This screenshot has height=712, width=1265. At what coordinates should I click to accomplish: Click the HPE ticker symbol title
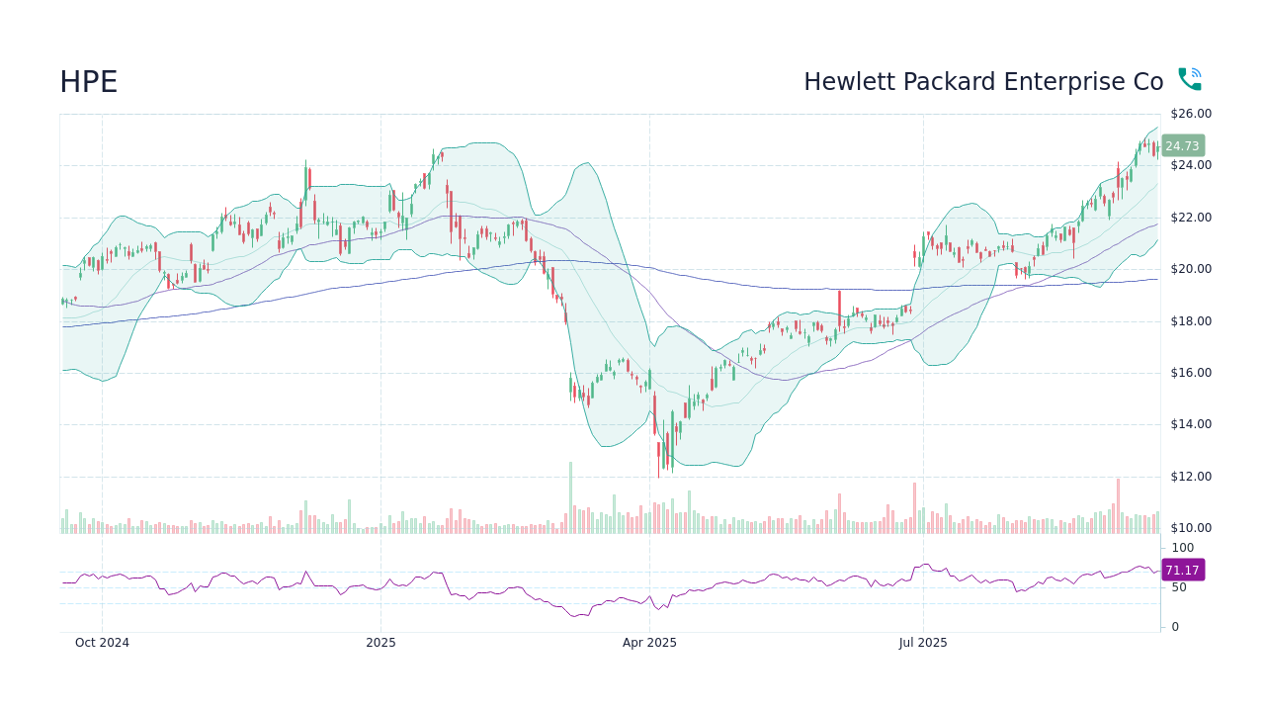coord(88,82)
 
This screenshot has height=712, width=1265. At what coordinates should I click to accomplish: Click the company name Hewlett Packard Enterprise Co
coord(982,82)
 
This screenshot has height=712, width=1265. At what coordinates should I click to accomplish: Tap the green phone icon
coord(1189,79)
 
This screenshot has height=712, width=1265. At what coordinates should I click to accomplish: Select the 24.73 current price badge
coord(1182,145)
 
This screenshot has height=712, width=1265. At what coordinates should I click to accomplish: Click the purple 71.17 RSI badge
coord(1182,570)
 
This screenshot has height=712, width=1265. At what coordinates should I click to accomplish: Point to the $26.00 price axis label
coord(1190,114)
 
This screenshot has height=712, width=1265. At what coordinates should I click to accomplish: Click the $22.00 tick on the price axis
coord(1190,218)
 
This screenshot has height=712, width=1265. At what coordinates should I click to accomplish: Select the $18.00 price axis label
coord(1190,321)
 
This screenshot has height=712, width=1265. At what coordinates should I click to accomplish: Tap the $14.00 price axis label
coord(1190,424)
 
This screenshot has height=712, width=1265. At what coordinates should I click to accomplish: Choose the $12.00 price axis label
coord(1190,477)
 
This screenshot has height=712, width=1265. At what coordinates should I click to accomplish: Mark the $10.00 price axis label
coord(1190,528)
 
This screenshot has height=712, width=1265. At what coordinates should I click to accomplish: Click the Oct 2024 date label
coord(102,643)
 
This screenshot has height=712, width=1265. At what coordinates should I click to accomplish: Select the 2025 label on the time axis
coord(380,643)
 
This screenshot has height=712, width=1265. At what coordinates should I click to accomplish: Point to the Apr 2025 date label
coord(649,643)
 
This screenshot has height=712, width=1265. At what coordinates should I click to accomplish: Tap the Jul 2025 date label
coord(923,643)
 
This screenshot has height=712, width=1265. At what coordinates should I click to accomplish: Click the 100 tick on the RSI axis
coord(1183,548)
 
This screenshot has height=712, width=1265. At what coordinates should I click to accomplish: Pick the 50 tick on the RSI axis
coord(1180,587)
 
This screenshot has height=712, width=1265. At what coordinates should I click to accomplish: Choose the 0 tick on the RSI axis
coord(1175,627)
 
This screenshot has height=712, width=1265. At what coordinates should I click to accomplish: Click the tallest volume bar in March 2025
coord(570,498)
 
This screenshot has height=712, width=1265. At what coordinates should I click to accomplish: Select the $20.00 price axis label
coord(1190,269)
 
